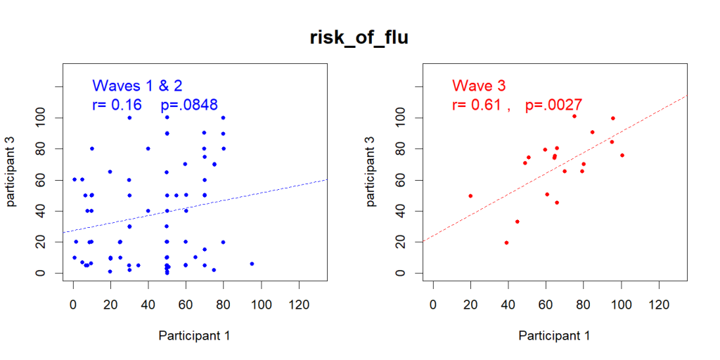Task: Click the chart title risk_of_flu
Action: coord(359,38)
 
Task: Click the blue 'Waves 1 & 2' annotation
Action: coord(137,86)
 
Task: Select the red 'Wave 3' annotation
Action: coord(479,86)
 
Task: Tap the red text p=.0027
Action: coord(553,105)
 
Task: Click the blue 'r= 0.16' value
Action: coord(117,105)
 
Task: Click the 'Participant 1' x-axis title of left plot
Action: coord(194,336)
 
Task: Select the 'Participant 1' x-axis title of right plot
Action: coord(554,336)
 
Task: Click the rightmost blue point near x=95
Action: coord(252,264)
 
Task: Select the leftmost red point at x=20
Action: coord(470,195)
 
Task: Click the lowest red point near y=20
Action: coord(506,243)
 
